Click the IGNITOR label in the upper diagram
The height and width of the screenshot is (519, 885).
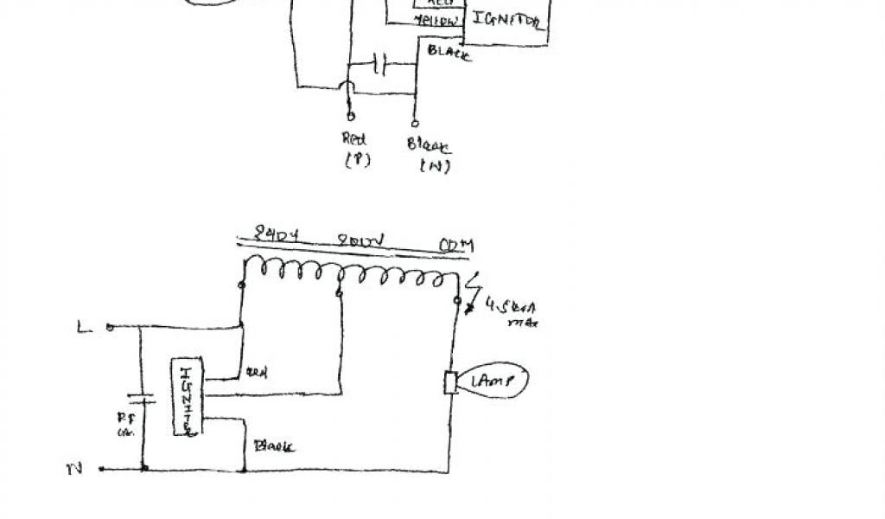508,22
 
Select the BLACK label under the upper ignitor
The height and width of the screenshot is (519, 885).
449,54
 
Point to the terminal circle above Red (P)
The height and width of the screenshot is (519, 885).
349,115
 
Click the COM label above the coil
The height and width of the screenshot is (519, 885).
456,246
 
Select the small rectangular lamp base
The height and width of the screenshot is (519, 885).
450,382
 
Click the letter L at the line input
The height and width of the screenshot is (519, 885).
84,327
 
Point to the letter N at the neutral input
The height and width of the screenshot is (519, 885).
74,470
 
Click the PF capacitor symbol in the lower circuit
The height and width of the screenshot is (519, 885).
142,400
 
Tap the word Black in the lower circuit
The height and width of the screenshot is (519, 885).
273,446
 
